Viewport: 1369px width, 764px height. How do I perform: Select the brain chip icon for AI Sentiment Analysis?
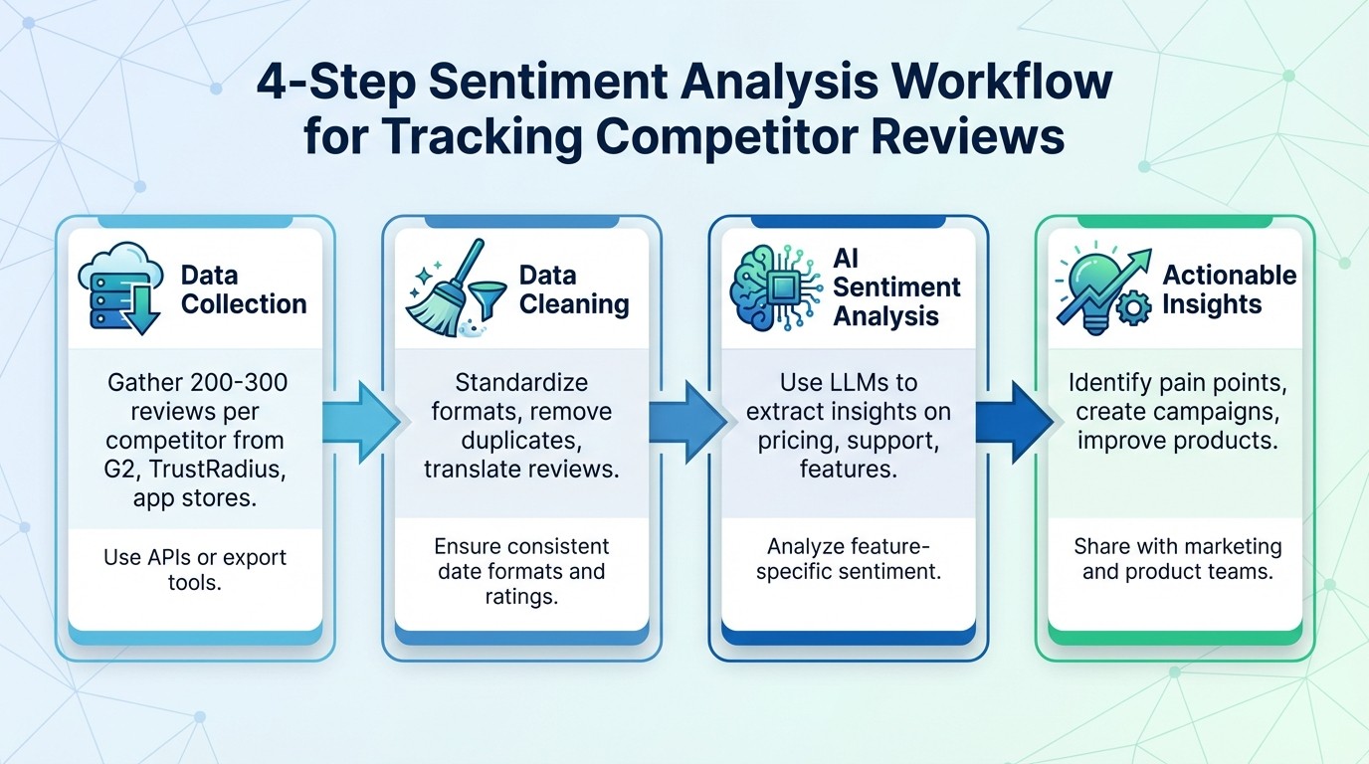click(x=775, y=288)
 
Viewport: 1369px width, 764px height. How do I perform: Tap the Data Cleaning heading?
click(x=574, y=288)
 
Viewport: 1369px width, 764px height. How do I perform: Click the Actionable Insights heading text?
click(x=1229, y=288)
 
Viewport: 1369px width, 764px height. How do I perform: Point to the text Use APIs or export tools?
click(x=194, y=568)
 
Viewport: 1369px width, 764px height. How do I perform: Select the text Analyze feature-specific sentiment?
click(x=849, y=558)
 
